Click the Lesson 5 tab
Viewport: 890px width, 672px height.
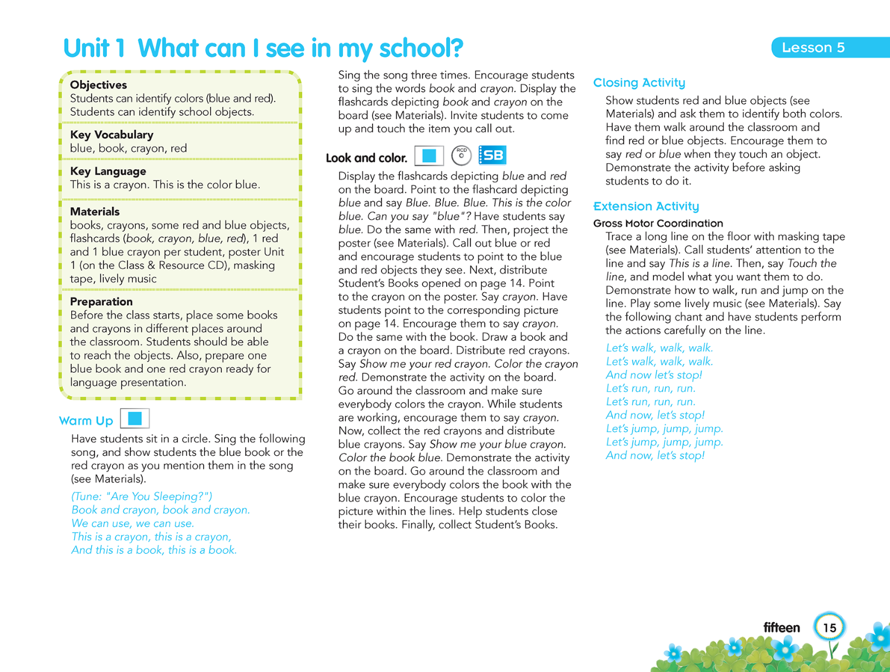click(813, 47)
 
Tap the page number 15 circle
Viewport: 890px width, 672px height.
click(829, 627)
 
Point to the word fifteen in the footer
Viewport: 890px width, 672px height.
click(781, 627)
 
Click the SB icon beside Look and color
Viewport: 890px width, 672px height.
click(492, 156)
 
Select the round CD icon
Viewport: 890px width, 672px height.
click(461, 156)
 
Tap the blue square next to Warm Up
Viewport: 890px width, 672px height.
click(135, 419)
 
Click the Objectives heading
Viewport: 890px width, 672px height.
click(98, 85)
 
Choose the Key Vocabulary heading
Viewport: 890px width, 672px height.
click(112, 135)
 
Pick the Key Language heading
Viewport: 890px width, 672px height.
click(108, 171)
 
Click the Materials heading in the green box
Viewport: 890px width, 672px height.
click(95, 211)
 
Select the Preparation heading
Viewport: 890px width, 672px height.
click(101, 302)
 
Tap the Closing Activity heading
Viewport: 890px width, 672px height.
click(639, 83)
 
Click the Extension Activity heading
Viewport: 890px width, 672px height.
click(646, 206)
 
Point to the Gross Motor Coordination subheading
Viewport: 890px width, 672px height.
click(658, 223)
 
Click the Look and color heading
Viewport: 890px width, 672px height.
click(366, 158)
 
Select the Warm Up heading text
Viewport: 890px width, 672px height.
click(86, 421)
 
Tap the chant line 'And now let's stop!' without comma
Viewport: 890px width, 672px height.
click(654, 375)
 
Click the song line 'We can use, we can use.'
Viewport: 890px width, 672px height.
click(133, 523)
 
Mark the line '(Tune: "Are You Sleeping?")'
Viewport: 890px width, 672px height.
click(142, 496)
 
